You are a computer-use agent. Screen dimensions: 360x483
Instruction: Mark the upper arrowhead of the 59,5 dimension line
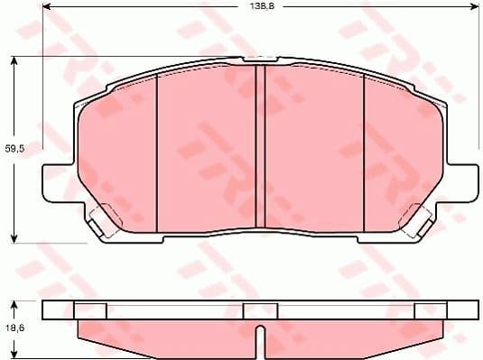coord(14,60)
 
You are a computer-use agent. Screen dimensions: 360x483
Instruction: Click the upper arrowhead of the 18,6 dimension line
coord(14,304)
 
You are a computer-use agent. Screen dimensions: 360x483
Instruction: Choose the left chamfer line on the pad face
coord(157,149)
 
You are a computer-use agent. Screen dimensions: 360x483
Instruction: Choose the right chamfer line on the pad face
coord(363,149)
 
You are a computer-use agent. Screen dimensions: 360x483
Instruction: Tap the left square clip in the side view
coord(89,310)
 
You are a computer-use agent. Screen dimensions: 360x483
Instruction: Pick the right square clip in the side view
coord(428,310)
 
